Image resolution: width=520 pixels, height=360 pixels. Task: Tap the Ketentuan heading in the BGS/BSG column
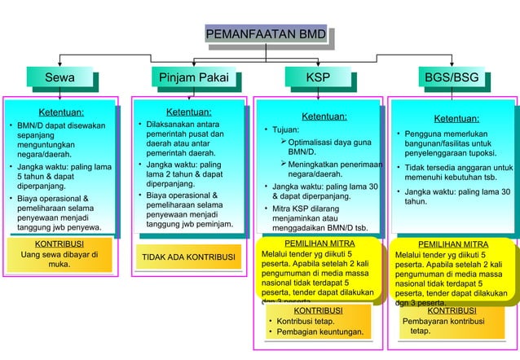tap(456, 118)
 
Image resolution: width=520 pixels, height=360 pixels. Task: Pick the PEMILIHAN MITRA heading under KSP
tap(319, 244)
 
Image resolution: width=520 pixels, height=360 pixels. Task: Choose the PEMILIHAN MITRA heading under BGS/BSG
tap(453, 244)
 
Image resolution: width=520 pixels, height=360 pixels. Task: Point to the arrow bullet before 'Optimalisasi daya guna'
tap(282, 143)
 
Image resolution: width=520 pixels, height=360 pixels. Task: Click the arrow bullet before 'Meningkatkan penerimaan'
tap(282, 165)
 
